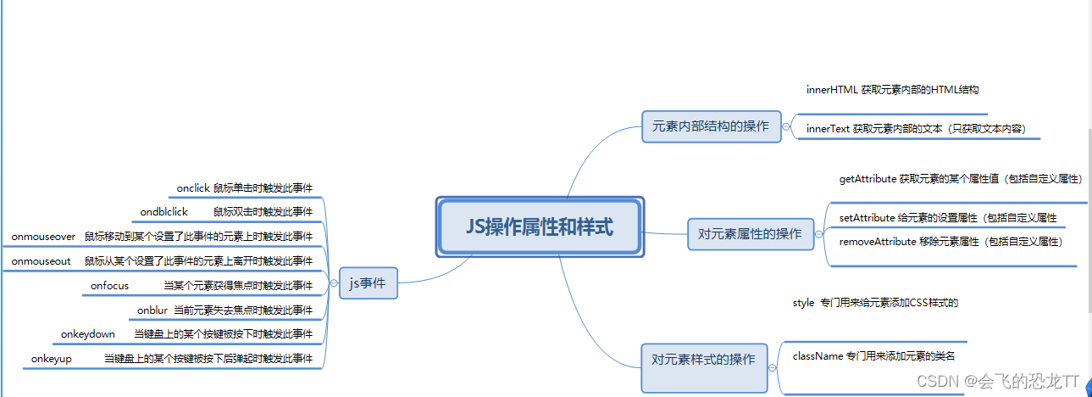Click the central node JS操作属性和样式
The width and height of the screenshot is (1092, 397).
pos(540,226)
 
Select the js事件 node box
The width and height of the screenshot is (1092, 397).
pos(368,282)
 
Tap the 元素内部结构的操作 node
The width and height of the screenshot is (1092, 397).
pos(711,126)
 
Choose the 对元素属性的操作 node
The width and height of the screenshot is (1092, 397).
pos(750,233)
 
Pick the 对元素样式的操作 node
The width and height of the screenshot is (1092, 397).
pos(703,359)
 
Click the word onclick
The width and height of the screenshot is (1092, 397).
pos(192,187)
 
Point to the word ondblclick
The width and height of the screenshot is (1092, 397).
pos(164,211)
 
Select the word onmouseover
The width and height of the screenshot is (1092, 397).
pos(43,236)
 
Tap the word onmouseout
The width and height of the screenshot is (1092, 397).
pos(41,260)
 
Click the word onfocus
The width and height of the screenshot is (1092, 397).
pos(109,286)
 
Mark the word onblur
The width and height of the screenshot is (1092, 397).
pos(152,310)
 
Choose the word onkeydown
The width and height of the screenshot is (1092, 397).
pos(87,334)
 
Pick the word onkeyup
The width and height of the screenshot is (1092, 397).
pos(51,359)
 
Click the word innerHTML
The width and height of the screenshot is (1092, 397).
pos(832,89)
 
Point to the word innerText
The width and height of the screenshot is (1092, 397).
pos(828,129)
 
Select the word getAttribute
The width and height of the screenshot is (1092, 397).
pos(868,179)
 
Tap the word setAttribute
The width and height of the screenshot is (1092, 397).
pos(867,218)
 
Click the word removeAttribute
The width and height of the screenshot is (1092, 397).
pos(877,242)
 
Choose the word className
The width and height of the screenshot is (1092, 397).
pos(818,355)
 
